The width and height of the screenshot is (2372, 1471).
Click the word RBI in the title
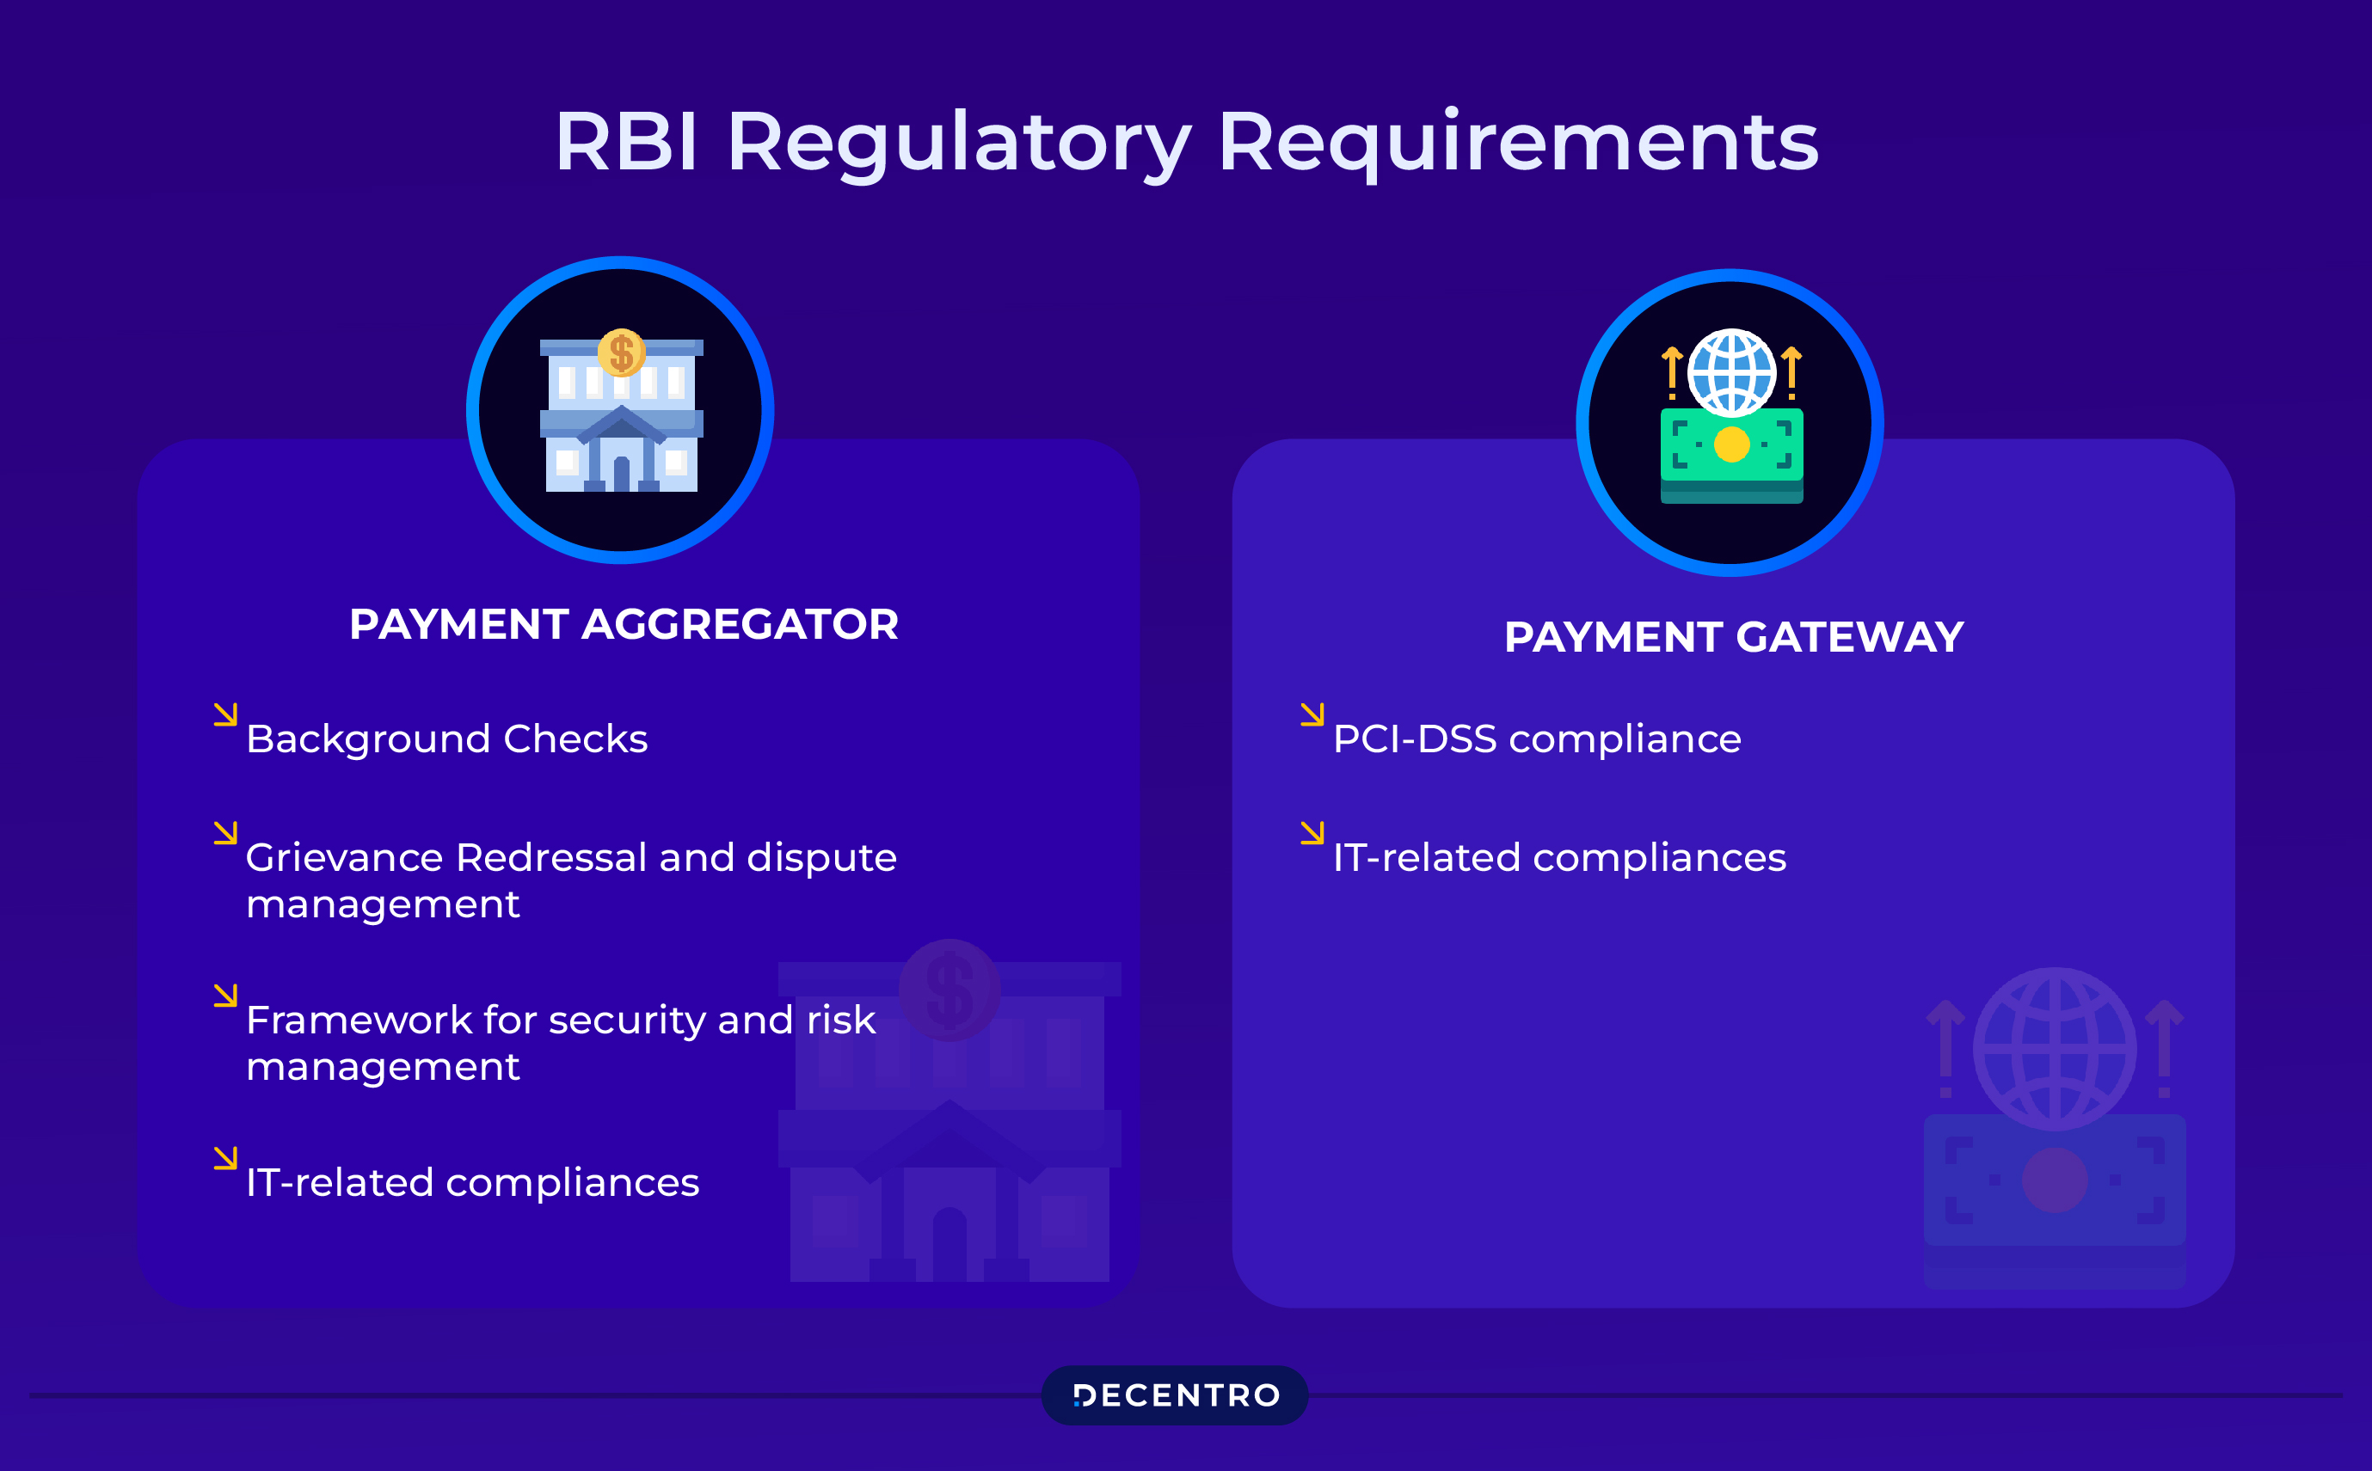pyautogui.click(x=625, y=143)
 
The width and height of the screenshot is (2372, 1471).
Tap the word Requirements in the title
pyautogui.click(x=1518, y=143)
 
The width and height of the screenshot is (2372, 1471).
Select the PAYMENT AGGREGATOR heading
pyautogui.click(x=624, y=624)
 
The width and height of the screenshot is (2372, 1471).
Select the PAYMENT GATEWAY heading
pyautogui.click(x=1734, y=637)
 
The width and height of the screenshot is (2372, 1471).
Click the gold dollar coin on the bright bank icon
pyautogui.click(x=622, y=352)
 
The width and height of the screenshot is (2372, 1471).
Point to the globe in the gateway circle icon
pyautogui.click(x=1731, y=372)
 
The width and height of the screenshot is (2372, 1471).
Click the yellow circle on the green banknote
pyautogui.click(x=1731, y=444)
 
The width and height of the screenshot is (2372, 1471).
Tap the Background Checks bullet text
pyautogui.click(x=446, y=739)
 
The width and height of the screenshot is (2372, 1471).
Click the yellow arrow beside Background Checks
pyautogui.click(x=225, y=715)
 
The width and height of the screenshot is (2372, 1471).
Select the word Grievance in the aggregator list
pyautogui.click(x=346, y=858)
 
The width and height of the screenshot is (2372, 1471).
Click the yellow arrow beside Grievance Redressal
pyautogui.click(x=225, y=834)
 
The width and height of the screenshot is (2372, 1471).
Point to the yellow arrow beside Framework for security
pyautogui.click(x=225, y=996)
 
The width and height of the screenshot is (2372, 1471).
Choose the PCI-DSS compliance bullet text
pyautogui.click(x=1536, y=739)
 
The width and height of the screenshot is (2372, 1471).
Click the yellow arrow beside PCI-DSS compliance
pyautogui.click(x=1312, y=715)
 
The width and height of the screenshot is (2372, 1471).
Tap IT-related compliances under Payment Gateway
pyautogui.click(x=1558, y=858)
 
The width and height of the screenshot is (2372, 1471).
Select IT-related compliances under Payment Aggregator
pyautogui.click(x=472, y=1183)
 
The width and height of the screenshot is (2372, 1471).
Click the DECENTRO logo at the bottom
pyautogui.click(x=1176, y=1395)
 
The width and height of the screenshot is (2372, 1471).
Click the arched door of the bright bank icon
pyautogui.click(x=622, y=473)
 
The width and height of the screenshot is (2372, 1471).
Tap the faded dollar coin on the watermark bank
pyautogui.click(x=949, y=990)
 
